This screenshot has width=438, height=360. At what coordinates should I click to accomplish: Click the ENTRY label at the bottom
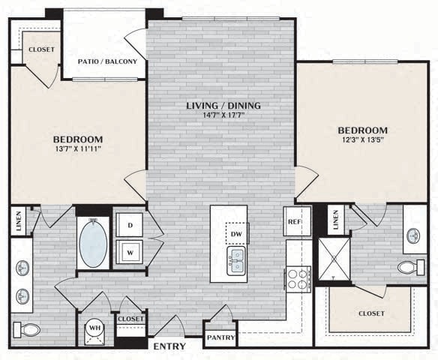169,346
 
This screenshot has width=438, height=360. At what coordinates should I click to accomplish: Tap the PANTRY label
220,337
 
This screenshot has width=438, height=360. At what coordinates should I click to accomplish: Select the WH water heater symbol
94,328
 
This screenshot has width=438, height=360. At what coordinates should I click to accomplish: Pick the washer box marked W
129,253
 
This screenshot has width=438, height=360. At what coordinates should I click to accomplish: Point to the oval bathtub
93,243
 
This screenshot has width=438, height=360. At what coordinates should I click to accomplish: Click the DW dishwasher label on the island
236,235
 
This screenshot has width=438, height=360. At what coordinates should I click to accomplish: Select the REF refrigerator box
297,222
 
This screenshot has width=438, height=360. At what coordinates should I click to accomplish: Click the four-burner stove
298,279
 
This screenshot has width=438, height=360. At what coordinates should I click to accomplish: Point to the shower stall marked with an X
334,260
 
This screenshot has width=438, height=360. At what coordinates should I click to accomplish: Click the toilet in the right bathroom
409,267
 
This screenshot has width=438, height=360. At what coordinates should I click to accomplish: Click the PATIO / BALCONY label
107,61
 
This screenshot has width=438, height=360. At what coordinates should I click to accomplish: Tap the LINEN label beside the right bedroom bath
335,218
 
